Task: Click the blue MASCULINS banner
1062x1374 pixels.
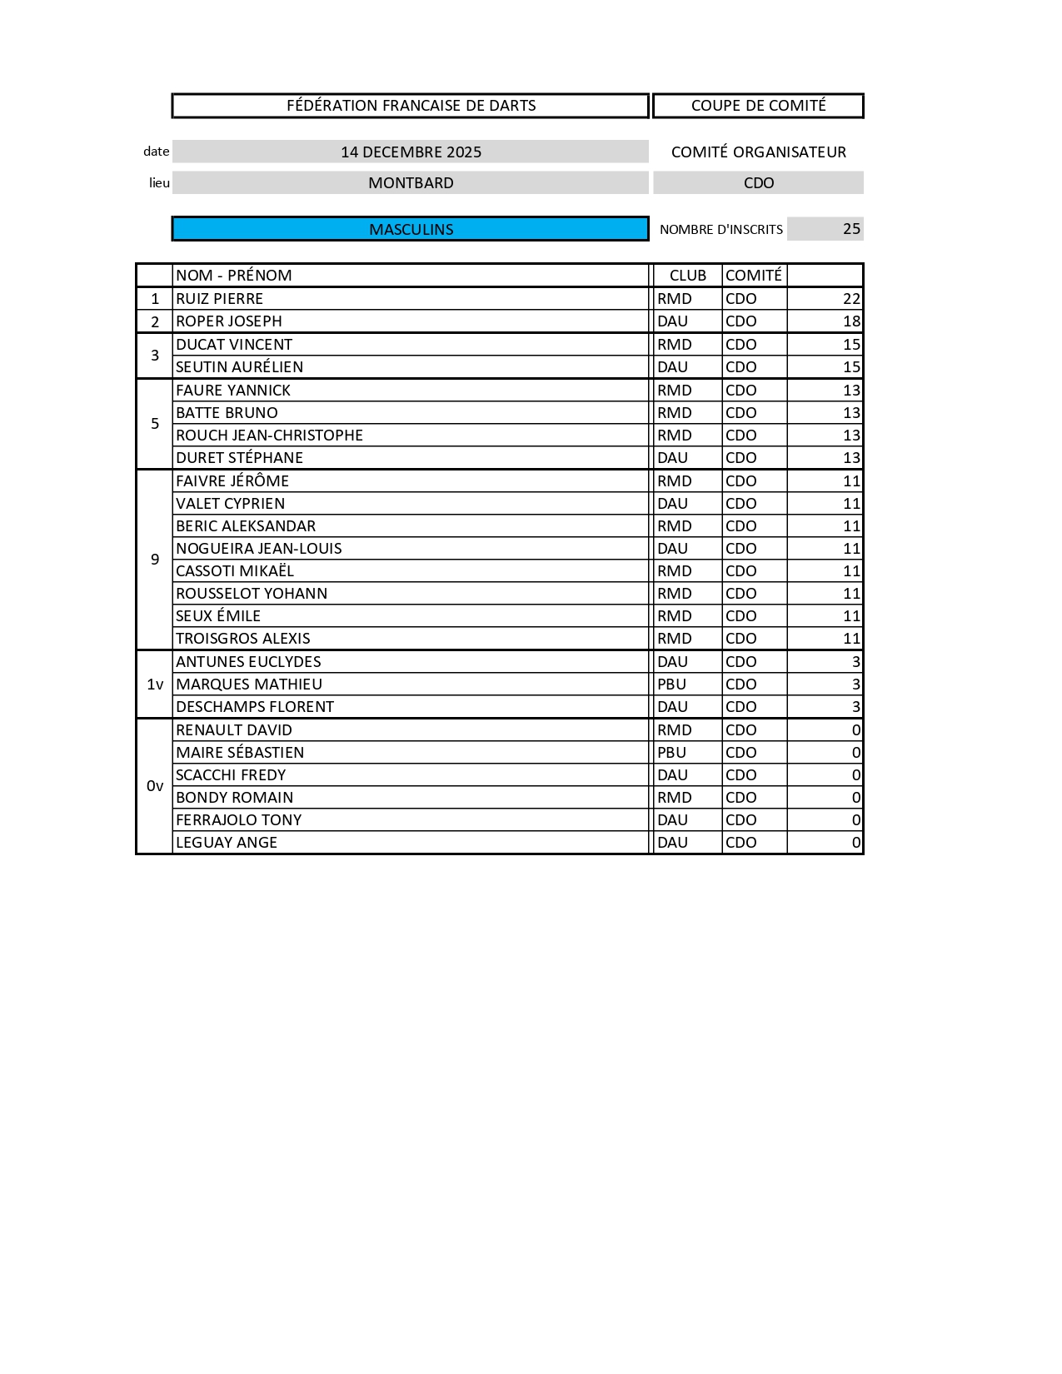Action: pyautogui.click(x=410, y=229)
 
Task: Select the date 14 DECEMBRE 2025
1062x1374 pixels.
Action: pyautogui.click(x=411, y=152)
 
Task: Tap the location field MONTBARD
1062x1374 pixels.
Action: pyautogui.click(x=411, y=182)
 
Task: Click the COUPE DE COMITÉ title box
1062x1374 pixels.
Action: pyautogui.click(x=758, y=106)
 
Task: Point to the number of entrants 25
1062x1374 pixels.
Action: pyautogui.click(x=850, y=229)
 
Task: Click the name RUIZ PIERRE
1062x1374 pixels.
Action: pyautogui.click(x=219, y=299)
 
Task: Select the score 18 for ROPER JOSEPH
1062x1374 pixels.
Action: pyautogui.click(x=850, y=321)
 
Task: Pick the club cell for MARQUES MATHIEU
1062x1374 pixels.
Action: pyautogui.click(x=672, y=685)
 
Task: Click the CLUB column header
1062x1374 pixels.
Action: pyautogui.click(x=687, y=276)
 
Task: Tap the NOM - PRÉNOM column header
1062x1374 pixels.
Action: pyautogui.click(x=234, y=276)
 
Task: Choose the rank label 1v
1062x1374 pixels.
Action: pyautogui.click(x=155, y=685)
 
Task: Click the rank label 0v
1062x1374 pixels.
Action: pyautogui.click(x=155, y=786)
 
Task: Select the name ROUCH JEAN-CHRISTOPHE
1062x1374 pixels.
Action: pyautogui.click(x=269, y=436)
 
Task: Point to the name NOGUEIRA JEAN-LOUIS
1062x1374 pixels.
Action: pyautogui.click(x=258, y=549)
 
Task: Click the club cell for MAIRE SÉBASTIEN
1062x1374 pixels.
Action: pyautogui.click(x=672, y=753)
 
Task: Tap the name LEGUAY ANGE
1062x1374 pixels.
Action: pyautogui.click(x=227, y=843)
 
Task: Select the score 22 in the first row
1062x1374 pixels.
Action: pyautogui.click(x=850, y=299)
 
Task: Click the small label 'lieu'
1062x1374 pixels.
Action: pyautogui.click(x=159, y=183)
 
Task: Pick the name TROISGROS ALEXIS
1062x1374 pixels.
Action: pyautogui.click(x=242, y=639)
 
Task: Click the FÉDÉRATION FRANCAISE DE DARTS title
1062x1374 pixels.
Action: pyautogui.click(x=411, y=106)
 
